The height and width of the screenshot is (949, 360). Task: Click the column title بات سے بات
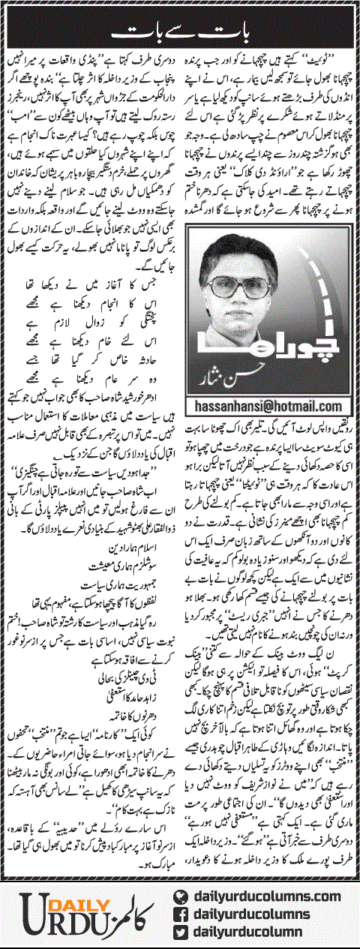179,32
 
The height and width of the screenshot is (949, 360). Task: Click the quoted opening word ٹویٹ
334,55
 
